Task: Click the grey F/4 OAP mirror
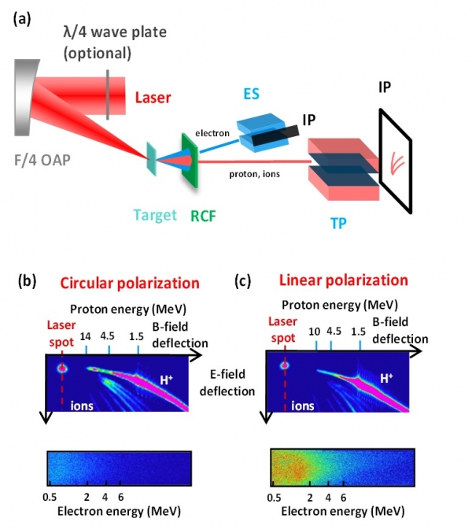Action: (24, 98)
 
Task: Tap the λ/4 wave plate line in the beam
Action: (108, 95)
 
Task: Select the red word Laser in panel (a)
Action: (153, 98)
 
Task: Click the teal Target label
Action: (155, 215)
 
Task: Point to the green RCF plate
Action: (190, 161)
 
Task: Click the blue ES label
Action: (252, 94)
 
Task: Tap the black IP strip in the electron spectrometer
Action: (276, 136)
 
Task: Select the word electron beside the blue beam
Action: (212, 134)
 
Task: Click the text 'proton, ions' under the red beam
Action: (255, 174)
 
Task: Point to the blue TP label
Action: (338, 223)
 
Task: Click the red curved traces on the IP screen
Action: (397, 163)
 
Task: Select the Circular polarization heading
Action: (130, 284)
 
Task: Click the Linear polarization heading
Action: (344, 280)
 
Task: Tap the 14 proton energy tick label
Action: (86, 336)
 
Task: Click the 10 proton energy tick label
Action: (315, 332)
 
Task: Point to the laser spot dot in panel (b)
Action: (62, 368)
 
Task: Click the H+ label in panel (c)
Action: (386, 378)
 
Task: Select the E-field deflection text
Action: (227, 383)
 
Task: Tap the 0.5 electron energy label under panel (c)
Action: (274, 498)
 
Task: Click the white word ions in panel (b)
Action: (82, 406)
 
